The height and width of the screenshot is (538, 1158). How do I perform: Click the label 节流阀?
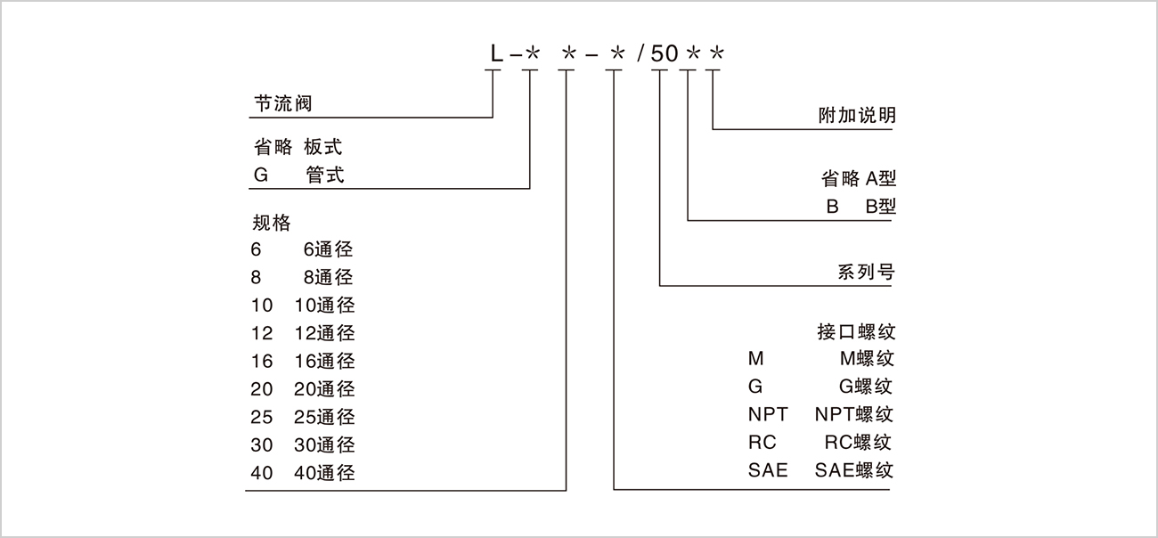pyautogui.click(x=283, y=104)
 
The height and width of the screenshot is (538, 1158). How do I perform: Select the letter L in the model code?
pyautogui.click(x=495, y=54)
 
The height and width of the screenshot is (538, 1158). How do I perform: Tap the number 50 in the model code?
pyautogui.click(x=665, y=54)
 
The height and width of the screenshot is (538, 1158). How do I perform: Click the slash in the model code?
pyautogui.click(x=640, y=54)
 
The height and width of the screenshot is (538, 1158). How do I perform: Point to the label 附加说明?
pyautogui.click(x=857, y=116)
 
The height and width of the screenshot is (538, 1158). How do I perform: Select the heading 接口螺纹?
pyautogui.click(x=856, y=332)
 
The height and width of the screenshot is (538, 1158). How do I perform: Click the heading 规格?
pyautogui.click(x=272, y=222)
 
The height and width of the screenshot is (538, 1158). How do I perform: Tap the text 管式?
pyautogui.click(x=325, y=175)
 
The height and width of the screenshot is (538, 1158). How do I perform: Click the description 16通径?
pyautogui.click(x=324, y=361)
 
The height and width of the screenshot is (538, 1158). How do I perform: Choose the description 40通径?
pyautogui.click(x=324, y=473)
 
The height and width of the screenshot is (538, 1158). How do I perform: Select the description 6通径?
pyautogui.click(x=329, y=249)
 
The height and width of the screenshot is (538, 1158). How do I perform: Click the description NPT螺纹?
pyautogui.click(x=854, y=414)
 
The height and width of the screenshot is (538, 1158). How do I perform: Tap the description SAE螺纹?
pyautogui.click(x=854, y=470)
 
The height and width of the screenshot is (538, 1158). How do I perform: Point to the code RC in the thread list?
pyautogui.click(x=762, y=443)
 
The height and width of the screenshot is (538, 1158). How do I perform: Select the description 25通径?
pyautogui.click(x=324, y=417)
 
